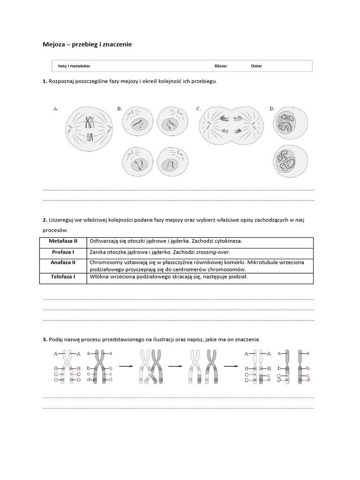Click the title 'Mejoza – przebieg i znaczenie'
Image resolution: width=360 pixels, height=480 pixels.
[x=87, y=45]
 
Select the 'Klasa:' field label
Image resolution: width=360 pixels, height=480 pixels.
[x=221, y=66]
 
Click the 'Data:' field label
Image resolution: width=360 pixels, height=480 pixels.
[x=256, y=66]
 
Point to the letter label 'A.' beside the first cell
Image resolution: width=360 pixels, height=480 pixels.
[x=56, y=108]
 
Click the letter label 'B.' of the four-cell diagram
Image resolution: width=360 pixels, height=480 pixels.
[x=120, y=108]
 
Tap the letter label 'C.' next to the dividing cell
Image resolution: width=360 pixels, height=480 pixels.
[x=199, y=108]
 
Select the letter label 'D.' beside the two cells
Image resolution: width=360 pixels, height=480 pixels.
[x=272, y=108]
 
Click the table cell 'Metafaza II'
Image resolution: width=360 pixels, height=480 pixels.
[x=63, y=241]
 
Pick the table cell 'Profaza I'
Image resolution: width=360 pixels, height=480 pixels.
[x=63, y=252]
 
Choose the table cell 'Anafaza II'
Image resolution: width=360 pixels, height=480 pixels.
[x=63, y=262]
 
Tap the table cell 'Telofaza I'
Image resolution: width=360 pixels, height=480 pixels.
[x=63, y=277]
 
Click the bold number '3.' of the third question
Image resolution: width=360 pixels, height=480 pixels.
[x=45, y=339]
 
